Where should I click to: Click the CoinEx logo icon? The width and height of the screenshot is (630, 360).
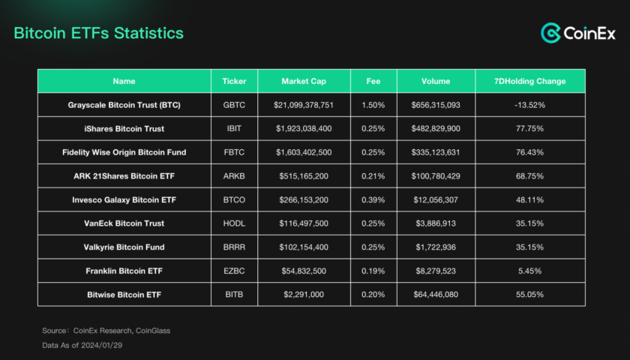pyautogui.click(x=551, y=33)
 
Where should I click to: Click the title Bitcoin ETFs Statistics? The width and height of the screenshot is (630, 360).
pyautogui.click(x=99, y=34)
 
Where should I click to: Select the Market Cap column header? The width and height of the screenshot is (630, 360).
pyautogui.click(x=304, y=81)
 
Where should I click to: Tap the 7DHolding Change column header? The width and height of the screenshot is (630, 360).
pyautogui.click(x=529, y=81)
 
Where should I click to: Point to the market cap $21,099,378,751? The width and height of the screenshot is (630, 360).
pyautogui.click(x=304, y=105)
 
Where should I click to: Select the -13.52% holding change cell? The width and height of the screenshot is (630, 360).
pyautogui.click(x=529, y=105)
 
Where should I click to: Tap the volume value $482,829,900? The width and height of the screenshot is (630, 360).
pyautogui.click(x=436, y=128)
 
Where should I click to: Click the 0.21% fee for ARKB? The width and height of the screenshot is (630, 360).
pyautogui.click(x=373, y=176)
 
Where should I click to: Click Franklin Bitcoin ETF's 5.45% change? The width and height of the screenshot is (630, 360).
pyautogui.click(x=529, y=271)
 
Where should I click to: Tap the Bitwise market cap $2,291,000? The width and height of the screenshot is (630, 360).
pyautogui.click(x=304, y=295)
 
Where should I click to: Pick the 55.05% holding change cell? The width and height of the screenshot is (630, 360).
pyautogui.click(x=529, y=295)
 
